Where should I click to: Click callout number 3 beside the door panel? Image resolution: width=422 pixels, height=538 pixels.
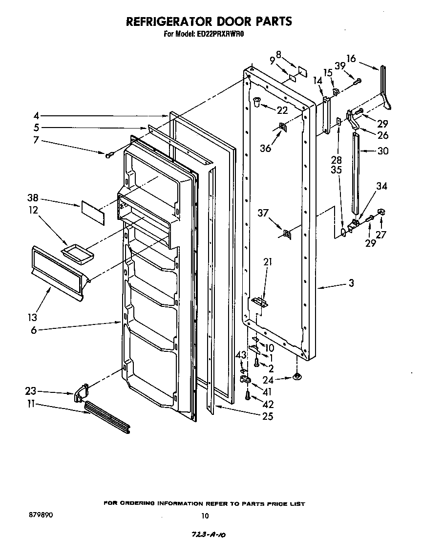[351, 283]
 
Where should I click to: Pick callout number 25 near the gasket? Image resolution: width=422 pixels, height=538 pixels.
[267, 416]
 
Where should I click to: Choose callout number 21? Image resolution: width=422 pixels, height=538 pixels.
[267, 262]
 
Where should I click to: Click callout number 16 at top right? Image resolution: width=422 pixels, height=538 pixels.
[351, 57]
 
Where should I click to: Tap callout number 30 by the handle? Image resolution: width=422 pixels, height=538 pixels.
[382, 151]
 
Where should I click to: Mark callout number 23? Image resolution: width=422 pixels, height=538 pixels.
[30, 391]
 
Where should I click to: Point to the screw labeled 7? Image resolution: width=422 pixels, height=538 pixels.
[109, 155]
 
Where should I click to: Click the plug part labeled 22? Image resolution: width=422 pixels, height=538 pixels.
[256, 102]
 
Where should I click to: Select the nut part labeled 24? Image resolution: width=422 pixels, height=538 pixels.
[296, 377]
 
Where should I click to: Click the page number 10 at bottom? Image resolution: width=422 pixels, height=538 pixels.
[205, 515]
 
